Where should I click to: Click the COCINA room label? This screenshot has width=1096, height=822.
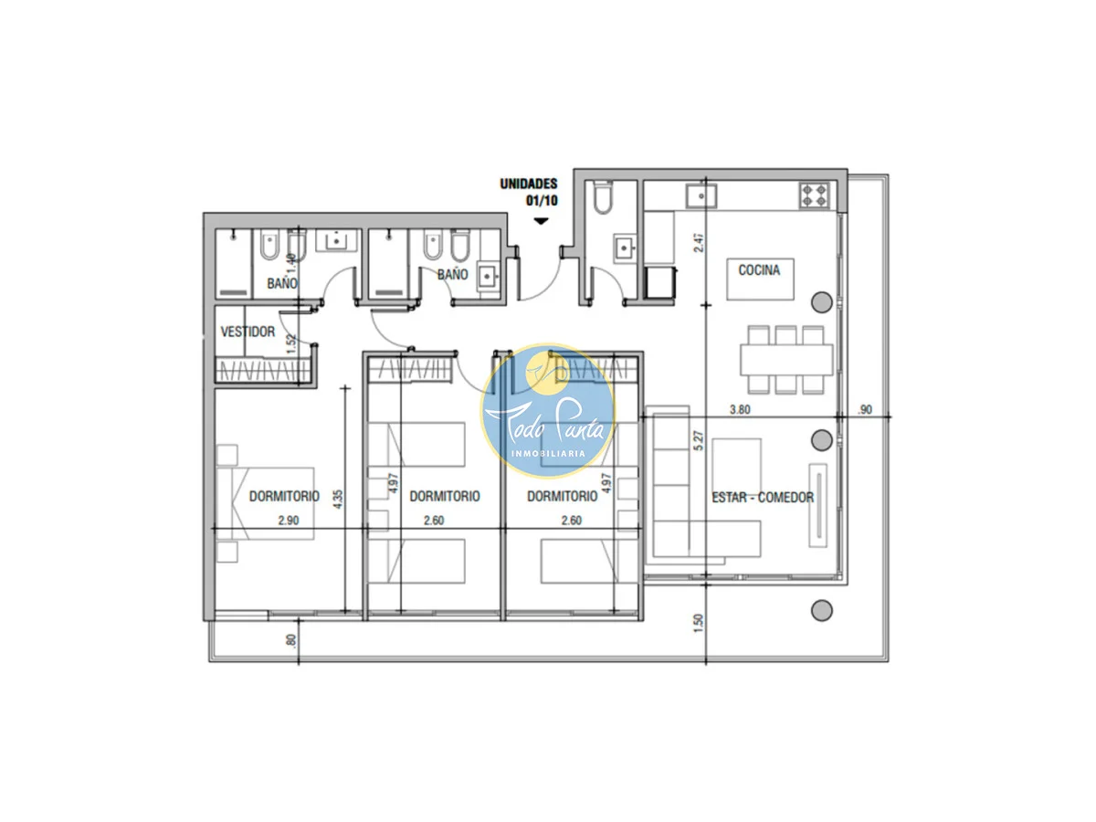coord(758,270)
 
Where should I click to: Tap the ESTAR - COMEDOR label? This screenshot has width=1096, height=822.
coord(763,497)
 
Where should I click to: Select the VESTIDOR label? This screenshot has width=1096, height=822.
coord(248,332)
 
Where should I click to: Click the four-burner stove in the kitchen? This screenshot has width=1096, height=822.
coord(815,195)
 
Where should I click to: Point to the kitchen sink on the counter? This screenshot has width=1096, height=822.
coord(701,195)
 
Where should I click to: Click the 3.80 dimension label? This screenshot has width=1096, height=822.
coord(740,409)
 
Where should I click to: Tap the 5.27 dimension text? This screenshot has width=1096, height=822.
coord(699,441)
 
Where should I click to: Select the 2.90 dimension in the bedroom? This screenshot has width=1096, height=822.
coord(289,521)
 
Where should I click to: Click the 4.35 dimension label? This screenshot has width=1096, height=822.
coord(338,499)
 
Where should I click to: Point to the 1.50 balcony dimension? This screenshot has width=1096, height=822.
coord(698,624)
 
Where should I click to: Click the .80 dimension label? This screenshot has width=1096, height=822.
coord(291,640)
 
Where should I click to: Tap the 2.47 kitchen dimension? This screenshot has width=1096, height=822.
coord(699,242)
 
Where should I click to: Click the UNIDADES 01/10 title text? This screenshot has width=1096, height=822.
coord(529,192)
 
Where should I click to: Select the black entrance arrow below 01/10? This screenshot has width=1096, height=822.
coord(541,221)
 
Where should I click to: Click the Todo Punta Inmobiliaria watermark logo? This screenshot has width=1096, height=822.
coord(548,410)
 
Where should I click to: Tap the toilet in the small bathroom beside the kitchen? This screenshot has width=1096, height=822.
coord(603,197)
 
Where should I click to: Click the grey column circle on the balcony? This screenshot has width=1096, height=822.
coord(821,610)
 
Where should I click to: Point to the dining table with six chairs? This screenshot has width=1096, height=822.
coord(786,359)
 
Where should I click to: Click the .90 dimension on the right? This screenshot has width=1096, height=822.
coord(865,410)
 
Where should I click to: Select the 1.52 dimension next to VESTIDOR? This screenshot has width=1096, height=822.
coord(291,344)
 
